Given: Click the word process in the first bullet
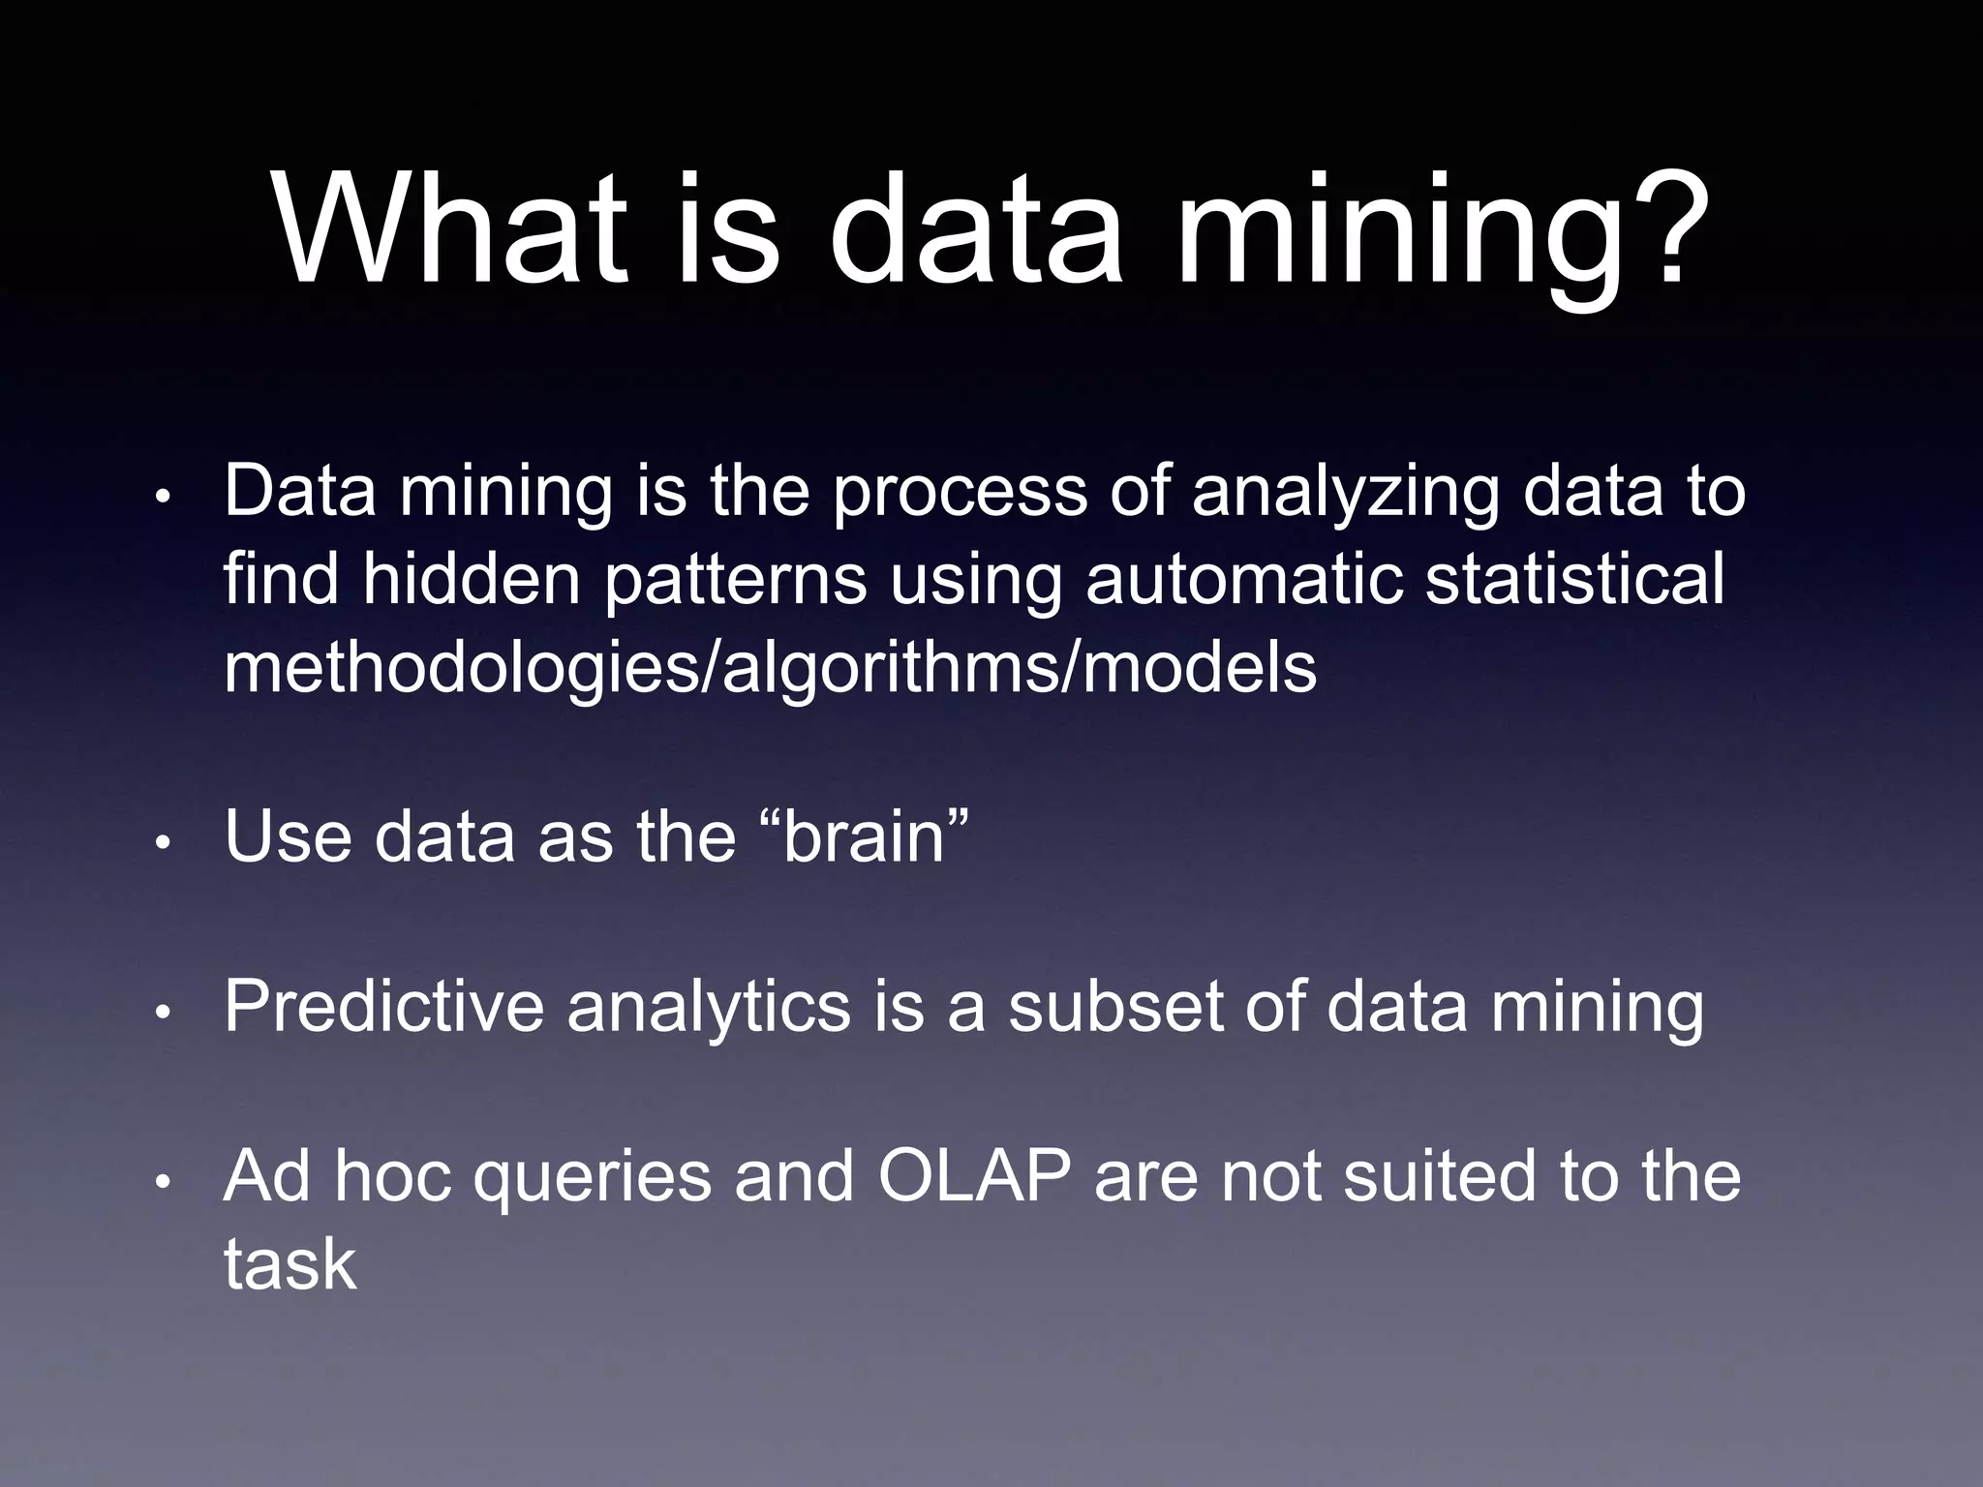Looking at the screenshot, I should click(x=960, y=493).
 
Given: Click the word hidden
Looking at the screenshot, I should click(x=472, y=579).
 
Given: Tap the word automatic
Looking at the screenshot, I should click(x=1243, y=579).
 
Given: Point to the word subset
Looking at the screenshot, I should click(x=1114, y=1007).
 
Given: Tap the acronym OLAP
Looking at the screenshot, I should click(x=974, y=1177).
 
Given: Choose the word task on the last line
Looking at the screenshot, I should click(x=290, y=1264).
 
